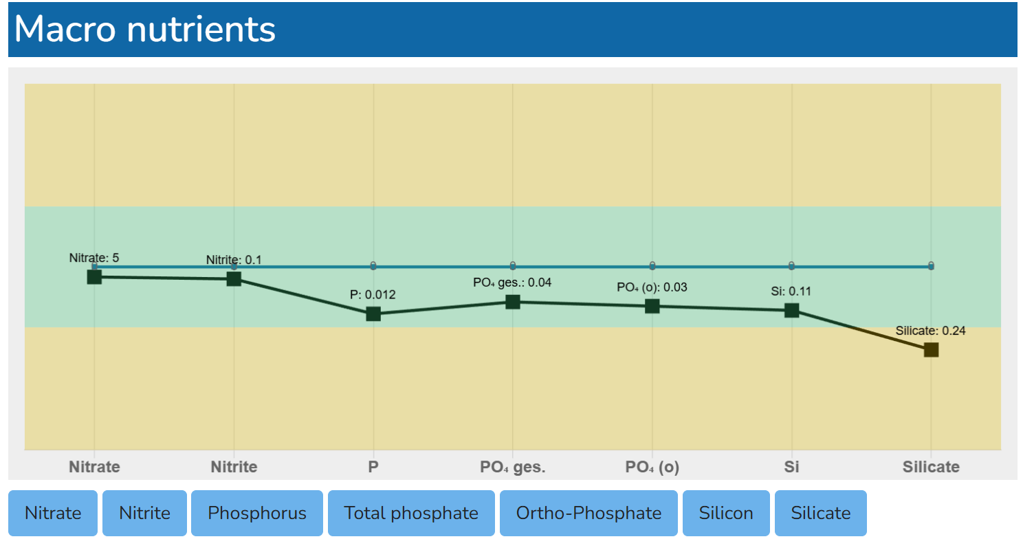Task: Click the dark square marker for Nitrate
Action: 94,276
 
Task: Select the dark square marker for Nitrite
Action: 234,278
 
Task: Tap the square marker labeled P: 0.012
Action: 373,314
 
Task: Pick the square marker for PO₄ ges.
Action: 513,302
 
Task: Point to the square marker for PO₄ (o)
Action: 652,306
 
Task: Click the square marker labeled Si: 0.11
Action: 791,310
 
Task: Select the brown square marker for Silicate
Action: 931,350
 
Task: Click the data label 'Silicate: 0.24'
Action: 930,331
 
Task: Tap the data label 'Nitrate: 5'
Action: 94,258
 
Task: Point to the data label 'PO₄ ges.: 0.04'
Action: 512,282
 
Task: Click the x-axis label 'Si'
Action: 791,467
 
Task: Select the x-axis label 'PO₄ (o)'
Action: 652,467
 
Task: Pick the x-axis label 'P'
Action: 373,467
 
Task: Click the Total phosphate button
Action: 411,513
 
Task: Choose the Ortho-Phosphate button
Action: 588,513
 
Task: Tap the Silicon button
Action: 726,513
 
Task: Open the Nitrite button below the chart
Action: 144,513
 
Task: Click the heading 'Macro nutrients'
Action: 145,30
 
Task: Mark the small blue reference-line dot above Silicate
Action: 931,265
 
